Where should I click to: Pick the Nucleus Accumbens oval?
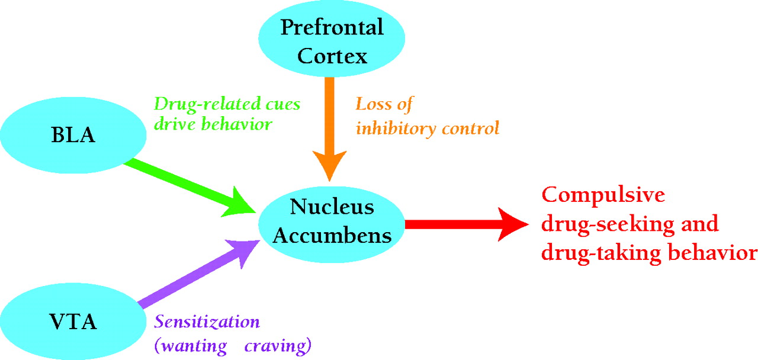(x=332, y=221)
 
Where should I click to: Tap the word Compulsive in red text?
(x=604, y=195)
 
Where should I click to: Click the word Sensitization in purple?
(x=207, y=323)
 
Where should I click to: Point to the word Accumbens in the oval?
(x=333, y=235)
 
